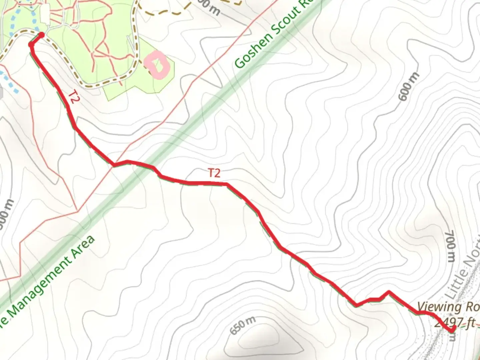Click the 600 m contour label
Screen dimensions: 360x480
coord(408,87)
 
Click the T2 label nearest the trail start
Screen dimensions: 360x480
coord(74,97)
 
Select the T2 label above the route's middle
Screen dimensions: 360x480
coord(214,173)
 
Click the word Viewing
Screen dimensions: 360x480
coord(439,306)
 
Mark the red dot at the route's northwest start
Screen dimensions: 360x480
coord(41,35)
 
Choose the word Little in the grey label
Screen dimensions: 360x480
coord(455,287)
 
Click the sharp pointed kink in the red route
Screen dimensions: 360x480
coord(388,293)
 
